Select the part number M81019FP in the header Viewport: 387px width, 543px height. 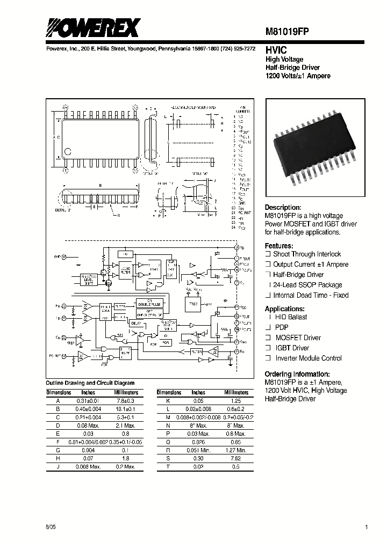(290, 32)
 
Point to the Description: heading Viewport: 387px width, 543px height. (283, 207)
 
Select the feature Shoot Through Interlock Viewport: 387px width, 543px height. (306, 254)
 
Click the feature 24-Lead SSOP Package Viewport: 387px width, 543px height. (307, 285)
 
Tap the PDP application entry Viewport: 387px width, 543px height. (282, 327)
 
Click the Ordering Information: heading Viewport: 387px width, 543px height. (297, 374)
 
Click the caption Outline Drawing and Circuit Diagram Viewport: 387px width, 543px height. (90, 383)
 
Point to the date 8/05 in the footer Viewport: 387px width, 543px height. (51, 528)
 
